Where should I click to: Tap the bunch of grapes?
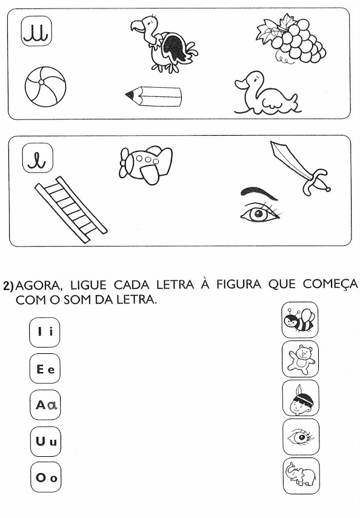point(291,39)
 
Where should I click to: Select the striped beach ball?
point(45,87)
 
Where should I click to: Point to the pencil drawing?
point(153,96)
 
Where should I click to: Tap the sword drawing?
point(300,167)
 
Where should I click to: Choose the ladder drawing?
point(70,209)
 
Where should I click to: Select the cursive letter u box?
point(37,32)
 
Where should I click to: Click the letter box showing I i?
point(45,332)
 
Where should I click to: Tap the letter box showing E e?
point(45,368)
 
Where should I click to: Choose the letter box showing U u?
point(45,441)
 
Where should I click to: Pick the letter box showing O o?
point(46,477)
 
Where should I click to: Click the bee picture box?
point(300,320)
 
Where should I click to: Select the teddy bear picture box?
point(300,359)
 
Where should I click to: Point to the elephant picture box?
point(301,476)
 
